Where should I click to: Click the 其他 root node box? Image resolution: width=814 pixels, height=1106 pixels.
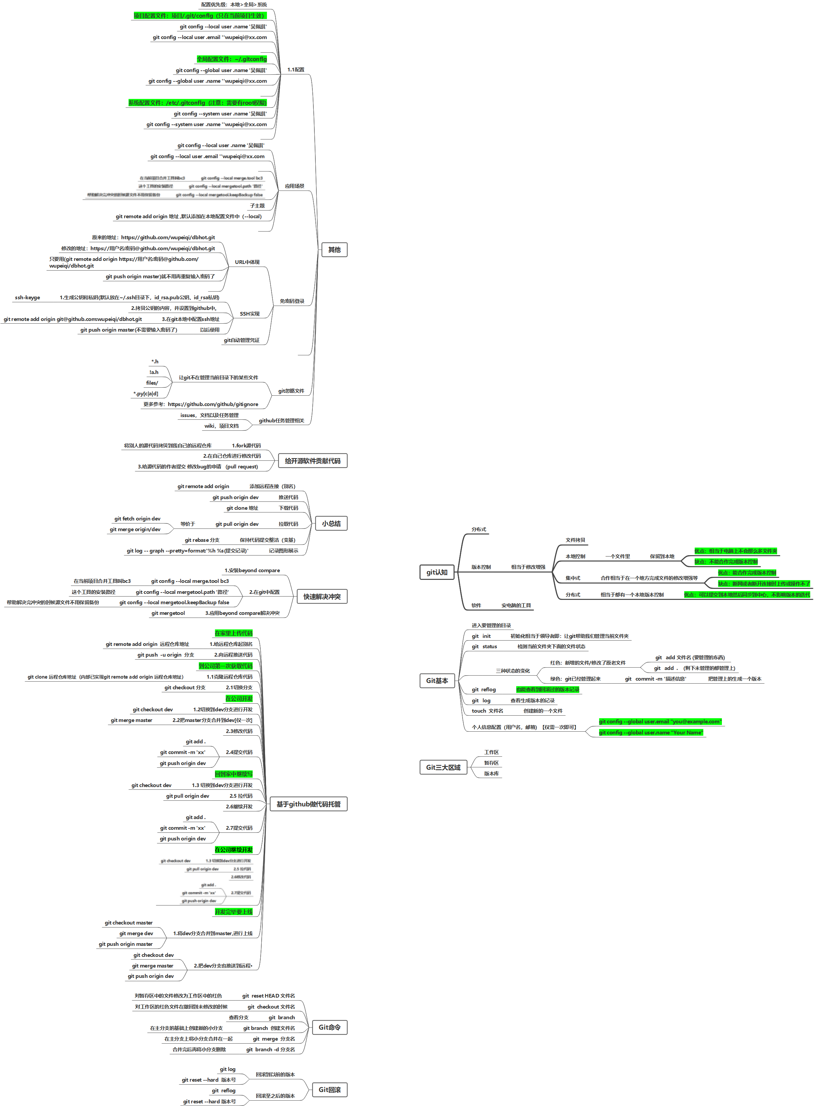pos(334,250)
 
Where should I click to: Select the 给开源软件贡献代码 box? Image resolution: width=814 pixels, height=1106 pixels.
pos(312,461)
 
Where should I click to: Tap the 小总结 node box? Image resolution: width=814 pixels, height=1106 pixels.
pos(331,523)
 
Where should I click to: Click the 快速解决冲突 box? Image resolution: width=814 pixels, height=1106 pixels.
pos(322,597)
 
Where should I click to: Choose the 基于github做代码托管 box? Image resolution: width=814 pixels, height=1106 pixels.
pos(308,804)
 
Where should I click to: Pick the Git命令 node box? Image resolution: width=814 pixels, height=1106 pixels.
pos(329,1027)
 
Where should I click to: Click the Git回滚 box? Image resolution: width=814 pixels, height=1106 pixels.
pos(329,1090)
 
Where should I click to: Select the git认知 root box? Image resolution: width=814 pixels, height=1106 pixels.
pos(437,572)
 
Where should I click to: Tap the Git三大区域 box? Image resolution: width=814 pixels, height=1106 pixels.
pos(443,767)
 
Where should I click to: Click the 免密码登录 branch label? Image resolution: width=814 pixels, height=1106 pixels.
pos(292,301)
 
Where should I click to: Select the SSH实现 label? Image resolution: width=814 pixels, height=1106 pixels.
pos(249,314)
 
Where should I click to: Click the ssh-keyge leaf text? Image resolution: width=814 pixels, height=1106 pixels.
pos(28,297)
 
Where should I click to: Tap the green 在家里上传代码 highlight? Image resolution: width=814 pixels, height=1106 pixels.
pos(234,633)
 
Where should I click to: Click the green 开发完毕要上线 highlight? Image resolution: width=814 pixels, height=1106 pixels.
pos(234,912)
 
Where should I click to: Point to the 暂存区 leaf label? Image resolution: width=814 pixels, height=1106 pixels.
pos(491,763)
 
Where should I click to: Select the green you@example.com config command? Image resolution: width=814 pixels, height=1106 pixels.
pos(660,721)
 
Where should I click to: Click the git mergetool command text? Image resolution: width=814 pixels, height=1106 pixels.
pos(168,613)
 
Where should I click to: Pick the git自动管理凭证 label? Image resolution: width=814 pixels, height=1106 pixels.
pos(241,340)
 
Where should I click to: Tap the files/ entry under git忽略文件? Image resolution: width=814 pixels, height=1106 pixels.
pos(152,383)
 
